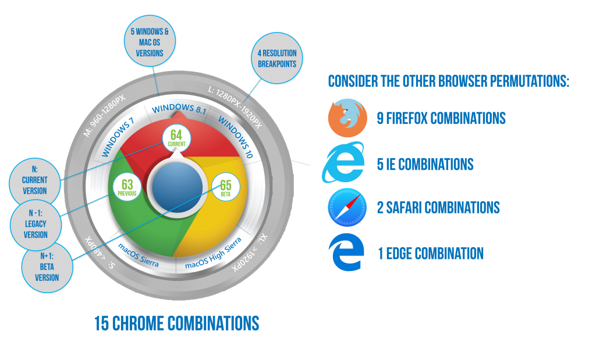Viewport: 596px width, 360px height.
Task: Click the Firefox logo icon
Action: [x=347, y=119]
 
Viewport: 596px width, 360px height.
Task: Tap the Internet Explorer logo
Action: [x=345, y=163]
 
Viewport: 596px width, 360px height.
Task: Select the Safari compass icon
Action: [x=347, y=207]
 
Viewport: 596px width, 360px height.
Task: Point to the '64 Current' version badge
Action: [x=176, y=138]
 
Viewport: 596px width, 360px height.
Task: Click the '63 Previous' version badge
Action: [x=127, y=187]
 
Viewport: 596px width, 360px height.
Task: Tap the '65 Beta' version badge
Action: [x=225, y=187]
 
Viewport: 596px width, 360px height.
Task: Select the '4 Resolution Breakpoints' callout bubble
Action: [x=278, y=58]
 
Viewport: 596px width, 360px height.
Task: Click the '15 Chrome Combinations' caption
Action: [x=176, y=323]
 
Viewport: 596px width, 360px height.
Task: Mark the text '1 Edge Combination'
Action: [x=430, y=254]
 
